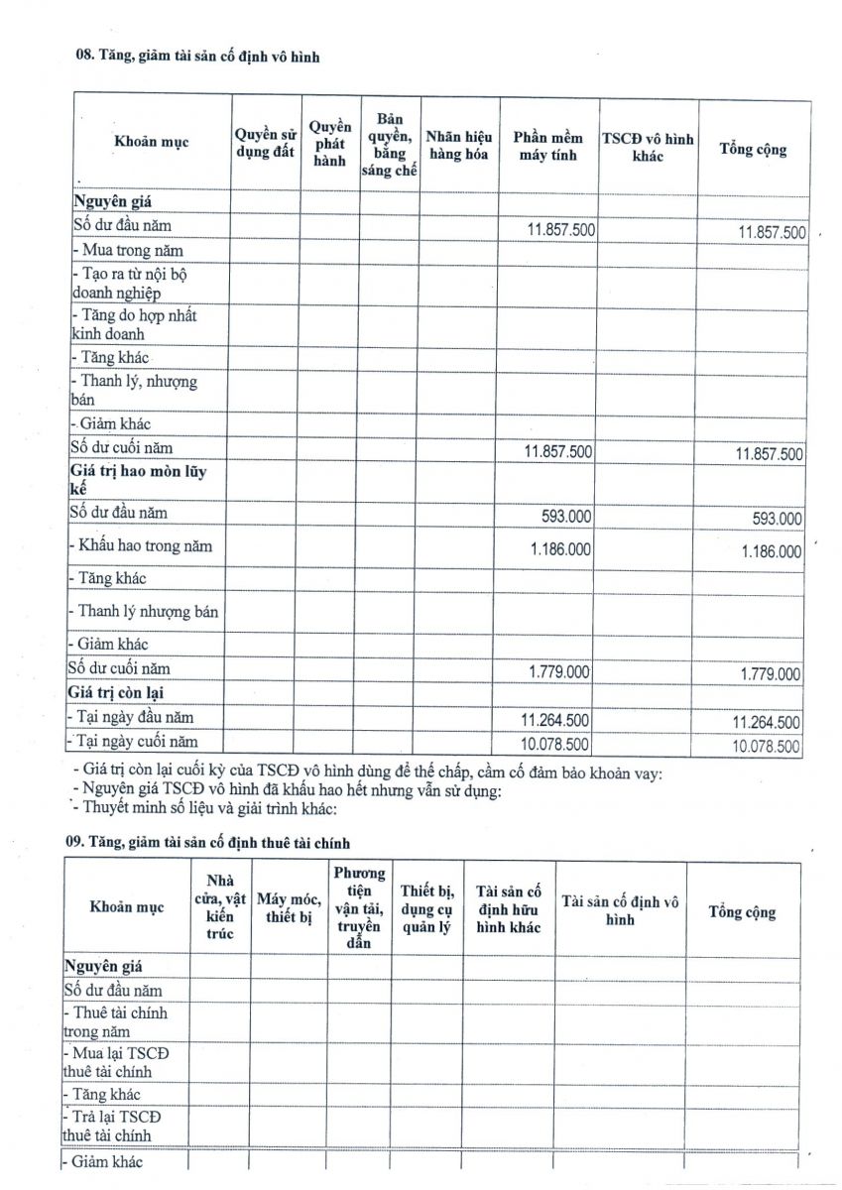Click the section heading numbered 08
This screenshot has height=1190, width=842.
(197, 57)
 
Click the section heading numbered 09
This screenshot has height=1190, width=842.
(207, 842)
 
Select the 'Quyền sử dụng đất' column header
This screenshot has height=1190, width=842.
(266, 145)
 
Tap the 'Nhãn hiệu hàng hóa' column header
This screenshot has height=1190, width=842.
(458, 146)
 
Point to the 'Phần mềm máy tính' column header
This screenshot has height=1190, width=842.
(548, 146)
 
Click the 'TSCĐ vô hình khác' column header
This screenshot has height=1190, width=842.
(648, 147)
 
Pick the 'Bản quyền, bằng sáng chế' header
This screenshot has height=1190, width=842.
(389, 145)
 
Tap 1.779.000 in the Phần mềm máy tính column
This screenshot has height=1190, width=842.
(558, 672)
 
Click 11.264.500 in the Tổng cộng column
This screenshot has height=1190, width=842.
(766, 722)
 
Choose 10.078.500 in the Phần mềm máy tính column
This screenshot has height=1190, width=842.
(554, 744)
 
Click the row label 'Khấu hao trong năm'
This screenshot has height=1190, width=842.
(145, 546)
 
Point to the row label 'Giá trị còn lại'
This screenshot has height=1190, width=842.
(111, 693)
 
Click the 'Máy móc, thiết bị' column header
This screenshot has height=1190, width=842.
(289, 908)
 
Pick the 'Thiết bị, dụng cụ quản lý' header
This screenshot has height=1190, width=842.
(426, 908)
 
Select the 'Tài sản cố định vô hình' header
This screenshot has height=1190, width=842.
(620, 909)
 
